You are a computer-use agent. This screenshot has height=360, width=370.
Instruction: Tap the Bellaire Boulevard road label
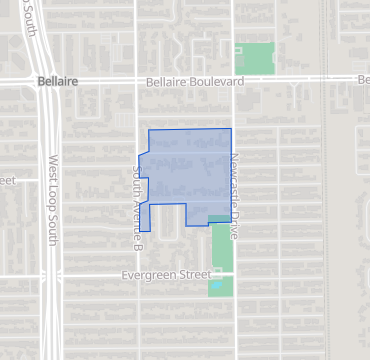pyautogui.click(x=195, y=80)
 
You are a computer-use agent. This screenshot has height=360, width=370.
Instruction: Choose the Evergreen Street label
pyautogui.click(x=166, y=274)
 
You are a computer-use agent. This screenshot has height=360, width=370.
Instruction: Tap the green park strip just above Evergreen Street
pyautogui.click(x=221, y=245)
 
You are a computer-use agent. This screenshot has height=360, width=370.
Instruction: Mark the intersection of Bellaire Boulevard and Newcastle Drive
pyautogui.click(x=233, y=80)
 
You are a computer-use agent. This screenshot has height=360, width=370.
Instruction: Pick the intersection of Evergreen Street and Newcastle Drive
pyautogui.click(x=233, y=274)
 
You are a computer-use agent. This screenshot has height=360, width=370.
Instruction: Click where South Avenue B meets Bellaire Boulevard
pyautogui.click(x=138, y=80)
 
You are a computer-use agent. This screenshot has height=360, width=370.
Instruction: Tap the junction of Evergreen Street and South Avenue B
pyautogui.click(x=138, y=274)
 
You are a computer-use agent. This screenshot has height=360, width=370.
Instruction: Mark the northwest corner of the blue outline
pyautogui.click(x=149, y=130)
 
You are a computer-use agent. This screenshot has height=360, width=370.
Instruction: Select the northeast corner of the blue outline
pyautogui.click(x=232, y=129)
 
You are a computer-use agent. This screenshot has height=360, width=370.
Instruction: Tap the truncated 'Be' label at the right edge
pyautogui.click(x=363, y=80)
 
